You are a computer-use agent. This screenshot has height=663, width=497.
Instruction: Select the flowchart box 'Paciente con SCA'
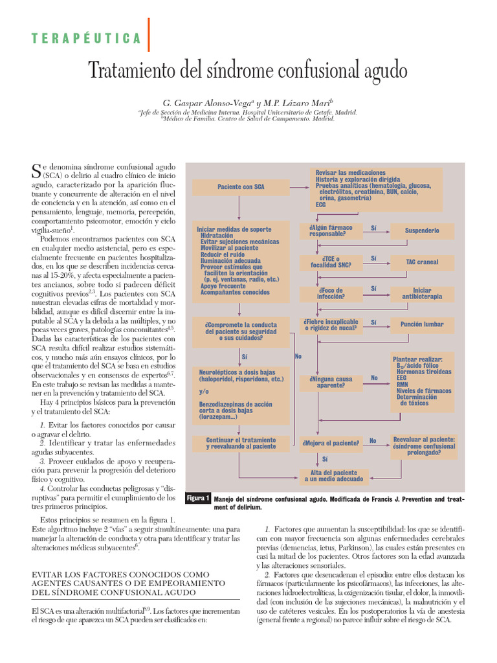pyautogui.click(x=241, y=187)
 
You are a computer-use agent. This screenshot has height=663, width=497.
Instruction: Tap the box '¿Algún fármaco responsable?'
pyautogui.click(x=322, y=230)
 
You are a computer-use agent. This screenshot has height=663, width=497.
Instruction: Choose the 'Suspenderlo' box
pyautogui.click(x=421, y=230)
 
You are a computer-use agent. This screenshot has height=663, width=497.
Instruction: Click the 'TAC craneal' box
pyautogui.click(x=421, y=262)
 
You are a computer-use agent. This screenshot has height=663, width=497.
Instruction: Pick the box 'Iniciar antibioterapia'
pyautogui.click(x=421, y=293)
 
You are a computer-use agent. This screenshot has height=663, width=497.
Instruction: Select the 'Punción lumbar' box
pyautogui.click(x=421, y=324)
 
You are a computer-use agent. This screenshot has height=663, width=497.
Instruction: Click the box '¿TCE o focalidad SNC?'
pyautogui.click(x=322, y=262)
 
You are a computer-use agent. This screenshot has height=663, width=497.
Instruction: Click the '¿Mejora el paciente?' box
pyautogui.click(x=330, y=443)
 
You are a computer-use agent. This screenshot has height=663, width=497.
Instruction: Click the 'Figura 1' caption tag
pyautogui.click(x=198, y=499)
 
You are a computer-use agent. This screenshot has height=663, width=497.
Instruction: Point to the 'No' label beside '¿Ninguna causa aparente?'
pyautogui.click(x=373, y=377)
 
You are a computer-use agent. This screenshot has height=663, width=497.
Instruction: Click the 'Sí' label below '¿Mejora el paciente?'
pyautogui.click(x=325, y=458)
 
